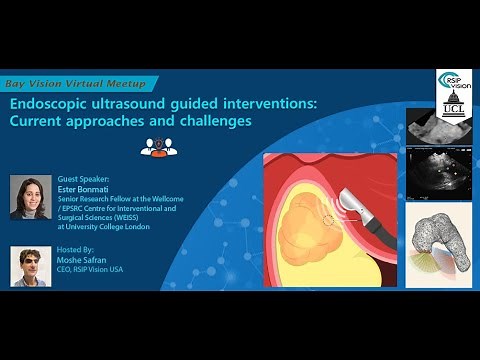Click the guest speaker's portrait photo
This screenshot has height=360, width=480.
click(x=30, y=197)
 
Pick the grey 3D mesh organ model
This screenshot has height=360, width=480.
click(x=436, y=240)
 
